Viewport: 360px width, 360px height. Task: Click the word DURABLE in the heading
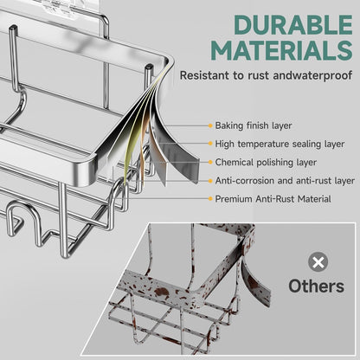[x=293, y=25]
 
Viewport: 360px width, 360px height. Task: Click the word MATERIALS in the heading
[x=282, y=50]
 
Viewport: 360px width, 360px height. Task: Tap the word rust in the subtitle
[x=259, y=75]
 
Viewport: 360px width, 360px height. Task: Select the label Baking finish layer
[x=254, y=125]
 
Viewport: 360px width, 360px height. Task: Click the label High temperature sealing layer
[x=280, y=144]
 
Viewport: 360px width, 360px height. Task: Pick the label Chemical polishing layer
[x=266, y=163]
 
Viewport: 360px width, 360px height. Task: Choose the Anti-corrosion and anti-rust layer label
[x=285, y=181]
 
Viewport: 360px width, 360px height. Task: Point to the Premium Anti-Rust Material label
[x=273, y=199]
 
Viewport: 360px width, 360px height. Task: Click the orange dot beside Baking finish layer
[x=210, y=125]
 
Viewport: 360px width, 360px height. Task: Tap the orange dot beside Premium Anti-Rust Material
[x=210, y=199]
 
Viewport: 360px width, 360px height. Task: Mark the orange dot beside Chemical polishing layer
[x=210, y=163]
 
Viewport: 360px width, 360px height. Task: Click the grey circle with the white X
[x=318, y=262]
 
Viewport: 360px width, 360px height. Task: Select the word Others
[x=317, y=286]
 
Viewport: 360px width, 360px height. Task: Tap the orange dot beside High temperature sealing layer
[x=210, y=144]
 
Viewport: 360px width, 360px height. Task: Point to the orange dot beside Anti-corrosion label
[x=210, y=181]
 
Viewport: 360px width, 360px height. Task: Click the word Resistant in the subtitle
[x=204, y=75]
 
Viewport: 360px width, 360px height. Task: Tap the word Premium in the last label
[x=234, y=199]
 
